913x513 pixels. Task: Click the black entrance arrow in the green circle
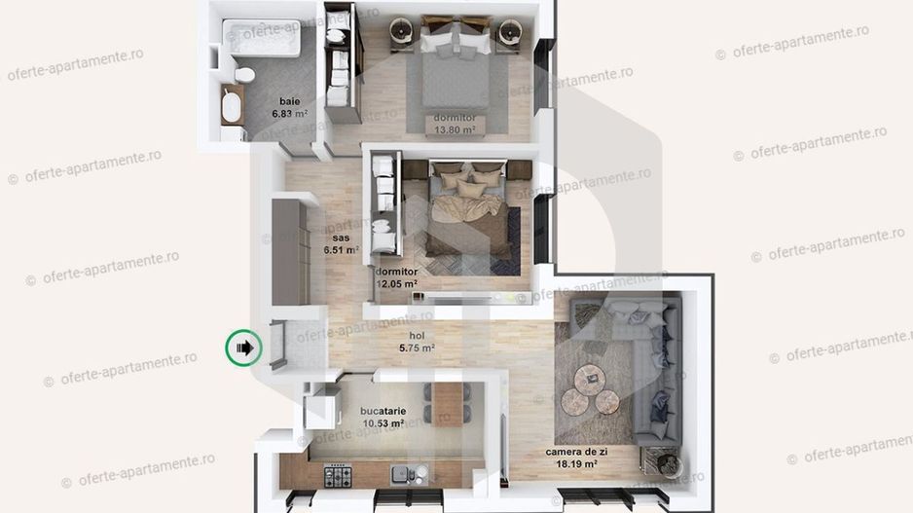click(244, 347)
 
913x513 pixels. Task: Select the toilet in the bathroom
click(244, 75)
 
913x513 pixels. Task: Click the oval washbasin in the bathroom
click(232, 107)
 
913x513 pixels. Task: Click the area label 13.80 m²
click(456, 128)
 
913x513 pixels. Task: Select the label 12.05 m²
click(397, 284)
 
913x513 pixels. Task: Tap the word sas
click(341, 237)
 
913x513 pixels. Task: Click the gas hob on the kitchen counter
click(339, 477)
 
